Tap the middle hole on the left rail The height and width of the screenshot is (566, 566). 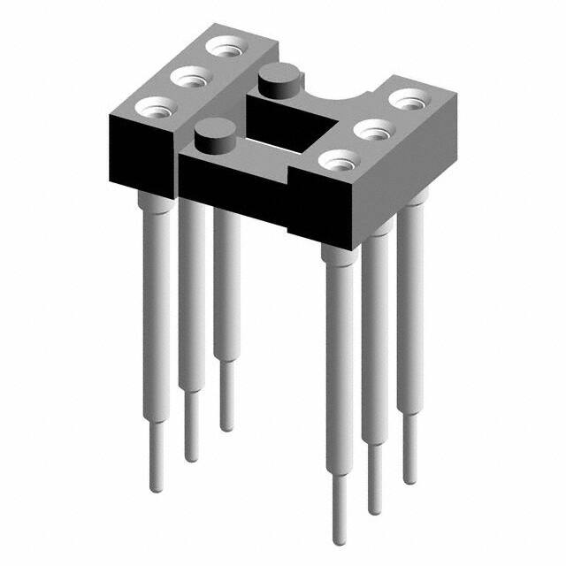tap(188, 78)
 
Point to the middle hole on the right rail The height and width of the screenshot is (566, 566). tap(372, 130)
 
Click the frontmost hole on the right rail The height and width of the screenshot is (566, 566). tap(339, 161)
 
